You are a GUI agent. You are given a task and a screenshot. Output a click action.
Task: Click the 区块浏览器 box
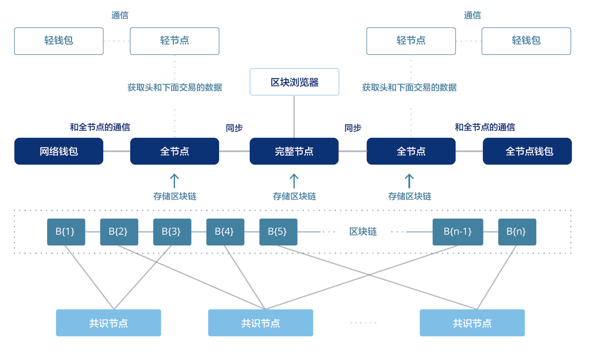click(294, 82)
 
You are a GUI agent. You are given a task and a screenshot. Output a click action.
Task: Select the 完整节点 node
click(294, 151)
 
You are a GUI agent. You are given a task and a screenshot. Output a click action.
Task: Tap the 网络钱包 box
click(59, 151)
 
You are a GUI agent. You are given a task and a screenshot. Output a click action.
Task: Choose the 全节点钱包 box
click(527, 151)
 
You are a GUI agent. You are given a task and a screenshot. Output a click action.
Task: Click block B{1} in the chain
click(66, 232)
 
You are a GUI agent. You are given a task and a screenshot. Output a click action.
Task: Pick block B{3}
click(172, 232)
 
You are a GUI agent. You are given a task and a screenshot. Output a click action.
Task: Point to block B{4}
click(225, 232)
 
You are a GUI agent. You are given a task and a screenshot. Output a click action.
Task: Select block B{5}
click(278, 232)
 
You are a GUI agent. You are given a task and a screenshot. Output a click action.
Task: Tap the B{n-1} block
click(458, 232)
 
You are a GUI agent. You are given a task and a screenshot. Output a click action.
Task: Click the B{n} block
click(517, 232)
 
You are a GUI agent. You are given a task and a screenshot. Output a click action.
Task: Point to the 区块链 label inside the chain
click(363, 232)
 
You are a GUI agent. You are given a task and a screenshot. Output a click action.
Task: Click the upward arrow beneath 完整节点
click(294, 181)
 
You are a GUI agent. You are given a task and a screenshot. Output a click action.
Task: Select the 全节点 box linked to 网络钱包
click(175, 151)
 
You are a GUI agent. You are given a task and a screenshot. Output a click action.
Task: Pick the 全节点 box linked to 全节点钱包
click(411, 151)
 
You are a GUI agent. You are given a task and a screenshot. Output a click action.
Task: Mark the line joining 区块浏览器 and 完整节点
click(294, 117)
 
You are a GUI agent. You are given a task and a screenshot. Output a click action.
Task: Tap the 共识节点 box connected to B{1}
click(108, 323)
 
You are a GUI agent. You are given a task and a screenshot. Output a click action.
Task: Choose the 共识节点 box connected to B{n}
click(472, 323)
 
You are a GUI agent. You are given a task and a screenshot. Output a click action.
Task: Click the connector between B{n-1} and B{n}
click(491, 232)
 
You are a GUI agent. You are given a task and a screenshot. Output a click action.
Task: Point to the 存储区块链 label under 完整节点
click(294, 196)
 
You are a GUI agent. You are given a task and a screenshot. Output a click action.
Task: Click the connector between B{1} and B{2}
click(92, 232)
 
